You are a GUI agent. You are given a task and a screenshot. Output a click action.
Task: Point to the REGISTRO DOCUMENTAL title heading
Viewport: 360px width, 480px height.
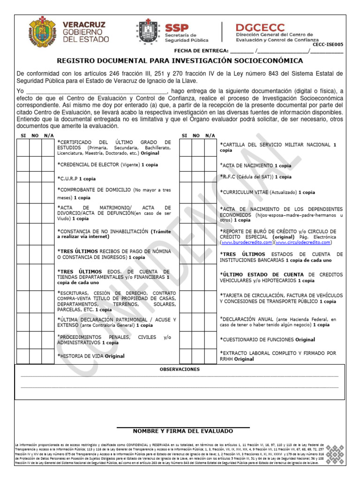[180, 61]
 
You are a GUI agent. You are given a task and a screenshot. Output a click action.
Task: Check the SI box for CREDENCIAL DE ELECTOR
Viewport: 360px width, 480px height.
[23, 164]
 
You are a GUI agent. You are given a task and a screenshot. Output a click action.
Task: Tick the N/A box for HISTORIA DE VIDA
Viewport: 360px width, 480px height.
[48, 355]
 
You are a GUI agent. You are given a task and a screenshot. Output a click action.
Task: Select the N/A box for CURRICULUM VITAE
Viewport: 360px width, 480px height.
[210, 192]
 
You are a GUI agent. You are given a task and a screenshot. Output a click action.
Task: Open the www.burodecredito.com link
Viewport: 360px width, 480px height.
[247, 243]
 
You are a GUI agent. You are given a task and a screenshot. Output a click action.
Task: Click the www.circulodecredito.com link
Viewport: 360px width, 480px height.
[303, 243]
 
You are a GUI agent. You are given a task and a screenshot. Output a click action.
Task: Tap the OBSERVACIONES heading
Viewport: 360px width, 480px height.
[180, 369]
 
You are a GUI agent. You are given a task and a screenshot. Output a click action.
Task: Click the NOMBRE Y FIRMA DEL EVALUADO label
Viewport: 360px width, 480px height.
[183, 431]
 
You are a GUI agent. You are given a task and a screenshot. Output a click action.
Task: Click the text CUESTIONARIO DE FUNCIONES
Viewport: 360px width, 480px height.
[258, 339]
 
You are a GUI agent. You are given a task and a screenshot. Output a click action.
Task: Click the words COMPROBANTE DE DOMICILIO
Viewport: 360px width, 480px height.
[94, 190]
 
